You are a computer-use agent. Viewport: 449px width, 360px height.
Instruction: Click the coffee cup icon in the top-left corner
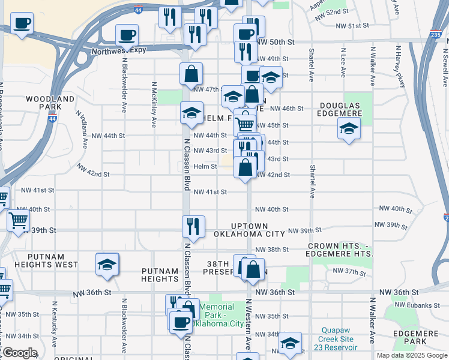(22, 24)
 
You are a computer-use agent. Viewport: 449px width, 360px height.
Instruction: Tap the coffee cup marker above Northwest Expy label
(127, 35)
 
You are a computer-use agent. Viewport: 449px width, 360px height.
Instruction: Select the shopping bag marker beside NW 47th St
(191, 75)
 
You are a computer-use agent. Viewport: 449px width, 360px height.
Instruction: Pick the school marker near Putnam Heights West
(107, 265)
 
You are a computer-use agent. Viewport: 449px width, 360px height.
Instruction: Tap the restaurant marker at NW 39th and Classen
(193, 227)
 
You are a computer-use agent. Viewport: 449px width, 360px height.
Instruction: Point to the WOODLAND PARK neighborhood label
(50, 103)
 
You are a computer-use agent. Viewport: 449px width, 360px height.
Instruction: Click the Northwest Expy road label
(119, 50)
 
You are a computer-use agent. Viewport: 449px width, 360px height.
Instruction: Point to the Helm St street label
(205, 166)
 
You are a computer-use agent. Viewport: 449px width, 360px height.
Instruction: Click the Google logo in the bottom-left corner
(19, 353)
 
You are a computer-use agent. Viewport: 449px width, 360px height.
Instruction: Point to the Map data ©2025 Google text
(411, 355)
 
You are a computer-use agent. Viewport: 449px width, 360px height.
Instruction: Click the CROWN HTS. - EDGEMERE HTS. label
(340, 250)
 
